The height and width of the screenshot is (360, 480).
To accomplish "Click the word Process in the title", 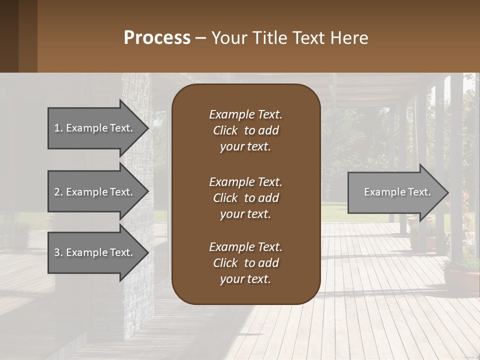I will click(x=157, y=37).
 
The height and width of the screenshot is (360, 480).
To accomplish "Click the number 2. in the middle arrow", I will click(x=58, y=192).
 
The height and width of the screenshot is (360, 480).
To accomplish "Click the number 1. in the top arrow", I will click(x=58, y=128).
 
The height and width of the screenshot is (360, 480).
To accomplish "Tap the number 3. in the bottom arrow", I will click(x=58, y=252).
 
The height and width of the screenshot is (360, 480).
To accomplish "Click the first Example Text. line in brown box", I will click(x=245, y=114).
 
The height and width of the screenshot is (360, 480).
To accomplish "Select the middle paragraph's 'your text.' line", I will click(x=245, y=214).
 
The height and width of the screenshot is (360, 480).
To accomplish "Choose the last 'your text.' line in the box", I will click(x=245, y=279).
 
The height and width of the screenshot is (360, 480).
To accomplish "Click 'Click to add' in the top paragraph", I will click(x=245, y=130).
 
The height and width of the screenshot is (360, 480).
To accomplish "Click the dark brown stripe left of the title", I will click(x=9, y=36).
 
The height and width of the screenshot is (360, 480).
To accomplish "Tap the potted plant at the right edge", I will click(x=460, y=272).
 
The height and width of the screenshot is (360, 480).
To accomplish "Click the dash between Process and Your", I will click(x=200, y=38).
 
